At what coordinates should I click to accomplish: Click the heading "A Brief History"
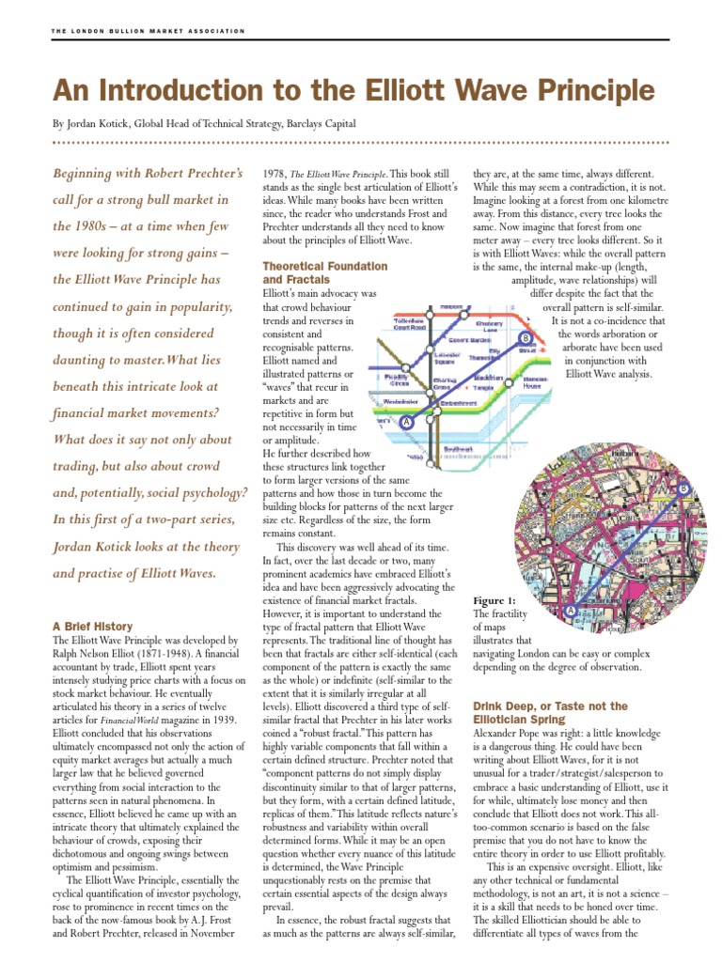tap(92, 626)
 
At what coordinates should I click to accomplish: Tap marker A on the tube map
tap(407, 423)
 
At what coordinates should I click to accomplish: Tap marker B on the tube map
tap(526, 337)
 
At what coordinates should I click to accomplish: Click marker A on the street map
tap(570, 611)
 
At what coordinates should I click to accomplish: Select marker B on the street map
tap(683, 489)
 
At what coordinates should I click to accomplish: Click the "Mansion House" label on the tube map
tap(536, 384)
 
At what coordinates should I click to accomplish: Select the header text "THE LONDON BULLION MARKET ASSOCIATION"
tap(148, 31)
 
